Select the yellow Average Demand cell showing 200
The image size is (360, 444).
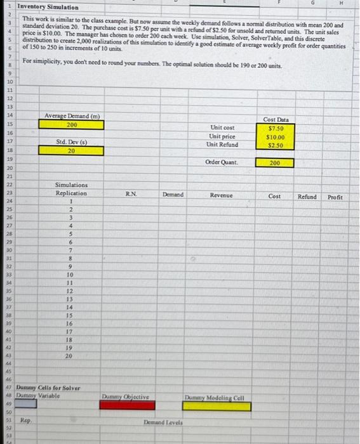(x=72, y=125)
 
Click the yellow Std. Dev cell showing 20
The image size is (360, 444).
(x=72, y=152)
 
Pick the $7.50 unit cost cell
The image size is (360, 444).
(x=275, y=127)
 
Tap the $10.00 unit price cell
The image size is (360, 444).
(x=275, y=136)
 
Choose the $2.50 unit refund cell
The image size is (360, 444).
(x=275, y=145)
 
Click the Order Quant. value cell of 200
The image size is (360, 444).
(x=275, y=163)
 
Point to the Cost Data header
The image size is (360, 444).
(x=275, y=119)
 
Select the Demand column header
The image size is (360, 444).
(x=173, y=195)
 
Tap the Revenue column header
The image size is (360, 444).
(x=222, y=196)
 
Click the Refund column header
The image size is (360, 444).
(x=307, y=197)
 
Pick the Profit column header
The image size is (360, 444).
(x=335, y=197)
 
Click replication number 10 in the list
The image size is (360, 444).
(x=72, y=275)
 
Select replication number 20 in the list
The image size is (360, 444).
(x=72, y=356)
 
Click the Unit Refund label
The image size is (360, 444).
(x=222, y=145)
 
